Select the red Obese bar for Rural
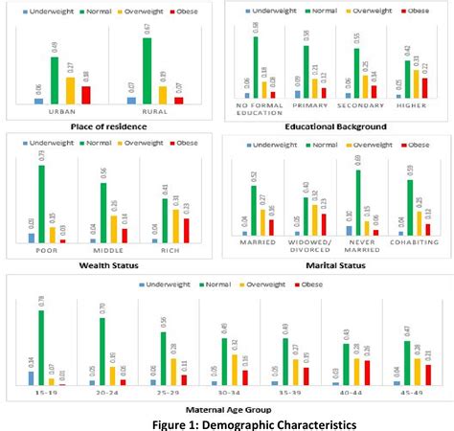point(179,100)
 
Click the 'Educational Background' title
point(335,125)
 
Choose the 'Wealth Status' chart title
point(105,263)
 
